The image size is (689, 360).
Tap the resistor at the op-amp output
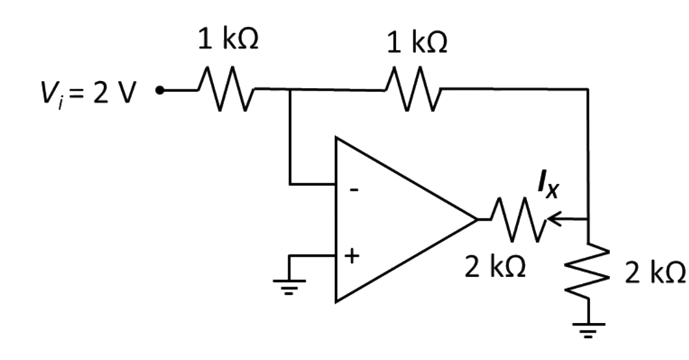click(517, 219)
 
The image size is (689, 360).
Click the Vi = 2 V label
click(87, 94)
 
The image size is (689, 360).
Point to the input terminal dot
click(160, 91)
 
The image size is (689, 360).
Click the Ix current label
click(548, 184)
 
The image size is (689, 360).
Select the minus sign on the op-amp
click(353, 190)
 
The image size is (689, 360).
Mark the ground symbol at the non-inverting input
click(289, 287)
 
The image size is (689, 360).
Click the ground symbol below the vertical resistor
click(588, 329)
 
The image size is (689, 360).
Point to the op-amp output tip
click(477, 219)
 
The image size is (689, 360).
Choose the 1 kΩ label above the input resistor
click(228, 40)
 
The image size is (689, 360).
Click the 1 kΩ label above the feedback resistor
click(417, 42)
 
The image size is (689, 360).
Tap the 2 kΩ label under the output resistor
click(495, 267)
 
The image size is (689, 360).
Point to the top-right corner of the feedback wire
click(588, 89)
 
